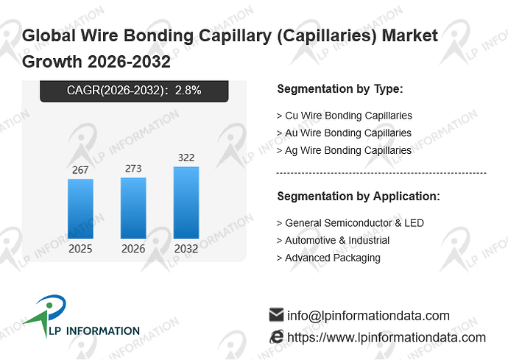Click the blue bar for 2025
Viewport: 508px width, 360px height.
[80, 208]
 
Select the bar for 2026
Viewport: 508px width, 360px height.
[133, 208]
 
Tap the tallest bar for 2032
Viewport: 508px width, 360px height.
[186, 202]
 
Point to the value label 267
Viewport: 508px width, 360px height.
[80, 170]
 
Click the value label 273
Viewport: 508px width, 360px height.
[133, 169]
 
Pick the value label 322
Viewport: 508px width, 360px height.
[186, 158]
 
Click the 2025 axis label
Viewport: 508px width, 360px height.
[80, 249]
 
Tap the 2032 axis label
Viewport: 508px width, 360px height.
[186, 249]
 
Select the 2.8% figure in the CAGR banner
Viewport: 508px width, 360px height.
[188, 90]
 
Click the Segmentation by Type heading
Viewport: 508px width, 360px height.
[340, 89]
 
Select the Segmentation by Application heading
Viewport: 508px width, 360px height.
[359, 197]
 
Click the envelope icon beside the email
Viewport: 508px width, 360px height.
[276, 314]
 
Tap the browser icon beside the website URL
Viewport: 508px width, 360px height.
[276, 336]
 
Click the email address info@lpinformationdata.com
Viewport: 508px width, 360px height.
[368, 316]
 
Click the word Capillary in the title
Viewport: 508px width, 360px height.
[235, 35]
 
